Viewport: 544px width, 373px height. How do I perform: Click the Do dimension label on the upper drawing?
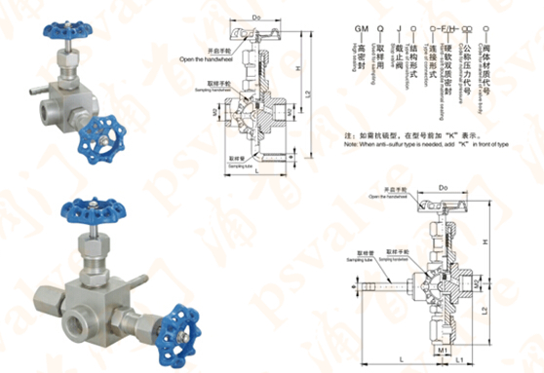click(255, 17)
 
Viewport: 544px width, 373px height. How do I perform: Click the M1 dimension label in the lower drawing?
click(443, 347)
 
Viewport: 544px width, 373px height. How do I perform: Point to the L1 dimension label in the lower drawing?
click(459, 361)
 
